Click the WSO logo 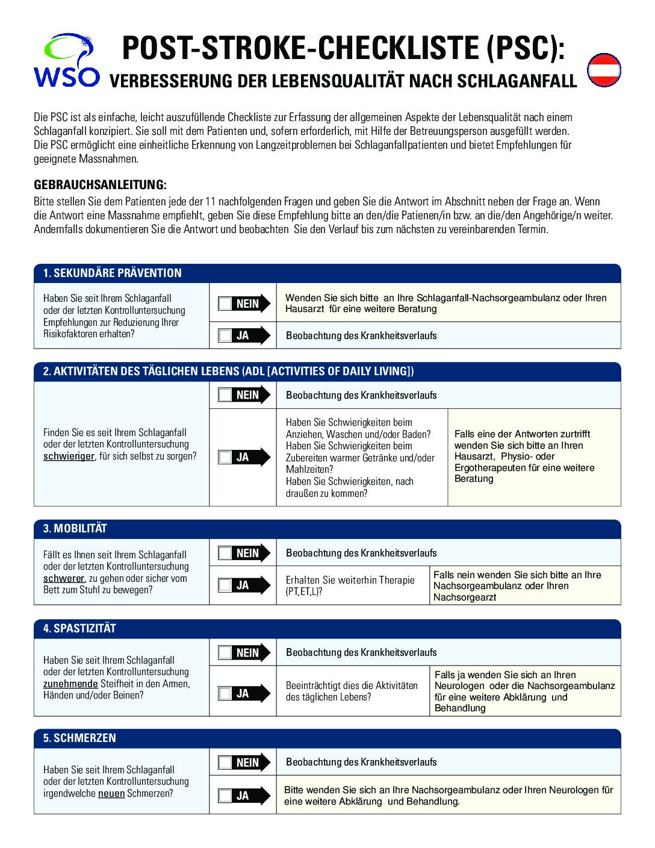(x=66, y=61)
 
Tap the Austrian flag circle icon (x=603, y=70)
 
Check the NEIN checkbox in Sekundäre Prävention (x=225, y=304)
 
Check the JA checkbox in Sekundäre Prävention (x=225, y=335)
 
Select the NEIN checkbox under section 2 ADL (x=225, y=395)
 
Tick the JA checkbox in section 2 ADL (x=225, y=457)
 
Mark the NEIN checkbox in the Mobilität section (x=225, y=553)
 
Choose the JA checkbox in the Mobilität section (x=225, y=585)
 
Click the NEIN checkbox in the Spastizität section (x=225, y=653)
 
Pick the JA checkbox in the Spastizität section (x=225, y=693)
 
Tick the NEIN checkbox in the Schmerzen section (x=225, y=762)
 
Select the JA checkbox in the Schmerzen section (x=225, y=796)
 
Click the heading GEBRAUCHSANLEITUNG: (x=100, y=184)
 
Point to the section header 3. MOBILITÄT (x=75, y=529)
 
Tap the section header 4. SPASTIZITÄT (x=79, y=629)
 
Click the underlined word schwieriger (x=69, y=457)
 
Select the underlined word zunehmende (x=70, y=684)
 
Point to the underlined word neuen (x=111, y=793)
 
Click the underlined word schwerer (x=63, y=578)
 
